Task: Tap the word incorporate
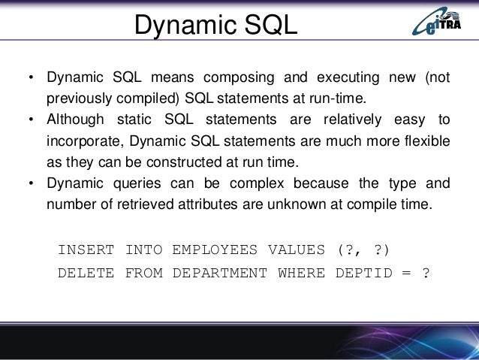pos(82,141)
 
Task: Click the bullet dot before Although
pos(31,121)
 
